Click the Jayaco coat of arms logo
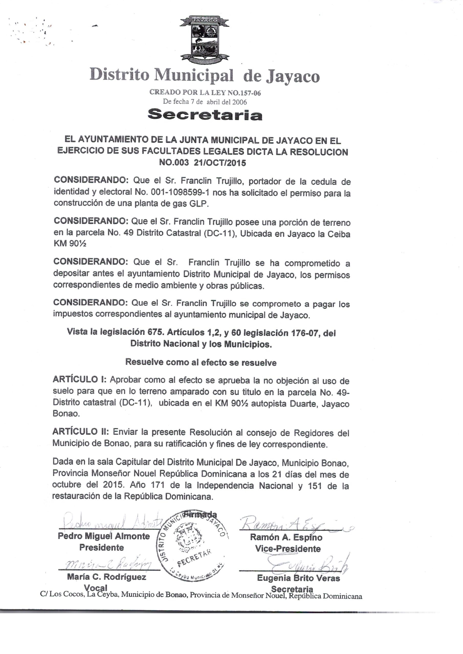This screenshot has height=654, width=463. pyautogui.click(x=205, y=40)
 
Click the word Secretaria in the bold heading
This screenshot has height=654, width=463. pyautogui.click(x=205, y=115)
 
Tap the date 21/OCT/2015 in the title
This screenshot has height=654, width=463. pyautogui.click(x=220, y=163)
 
